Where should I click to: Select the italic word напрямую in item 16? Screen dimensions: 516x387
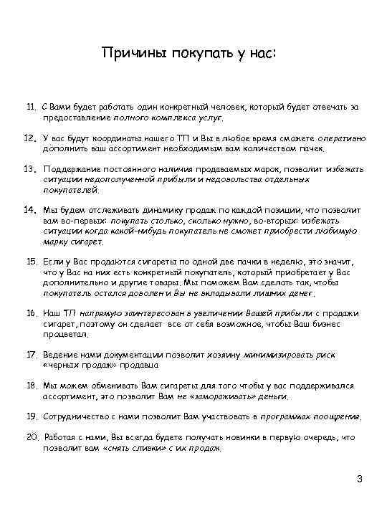(92, 314)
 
